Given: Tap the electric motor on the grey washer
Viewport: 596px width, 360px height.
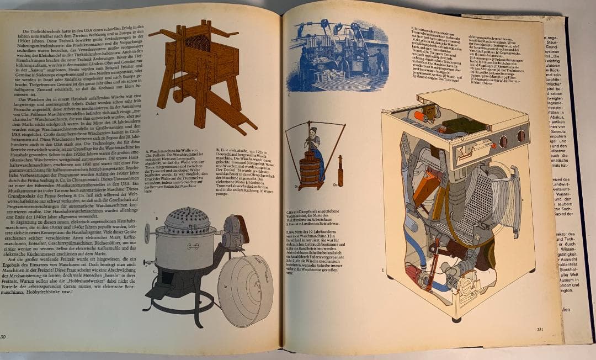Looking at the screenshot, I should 232,232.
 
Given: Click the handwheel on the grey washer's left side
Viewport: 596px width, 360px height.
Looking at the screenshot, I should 148,233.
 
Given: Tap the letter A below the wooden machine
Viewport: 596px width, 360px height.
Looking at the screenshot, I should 157,114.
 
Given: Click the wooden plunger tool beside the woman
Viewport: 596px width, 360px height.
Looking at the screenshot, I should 340,171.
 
